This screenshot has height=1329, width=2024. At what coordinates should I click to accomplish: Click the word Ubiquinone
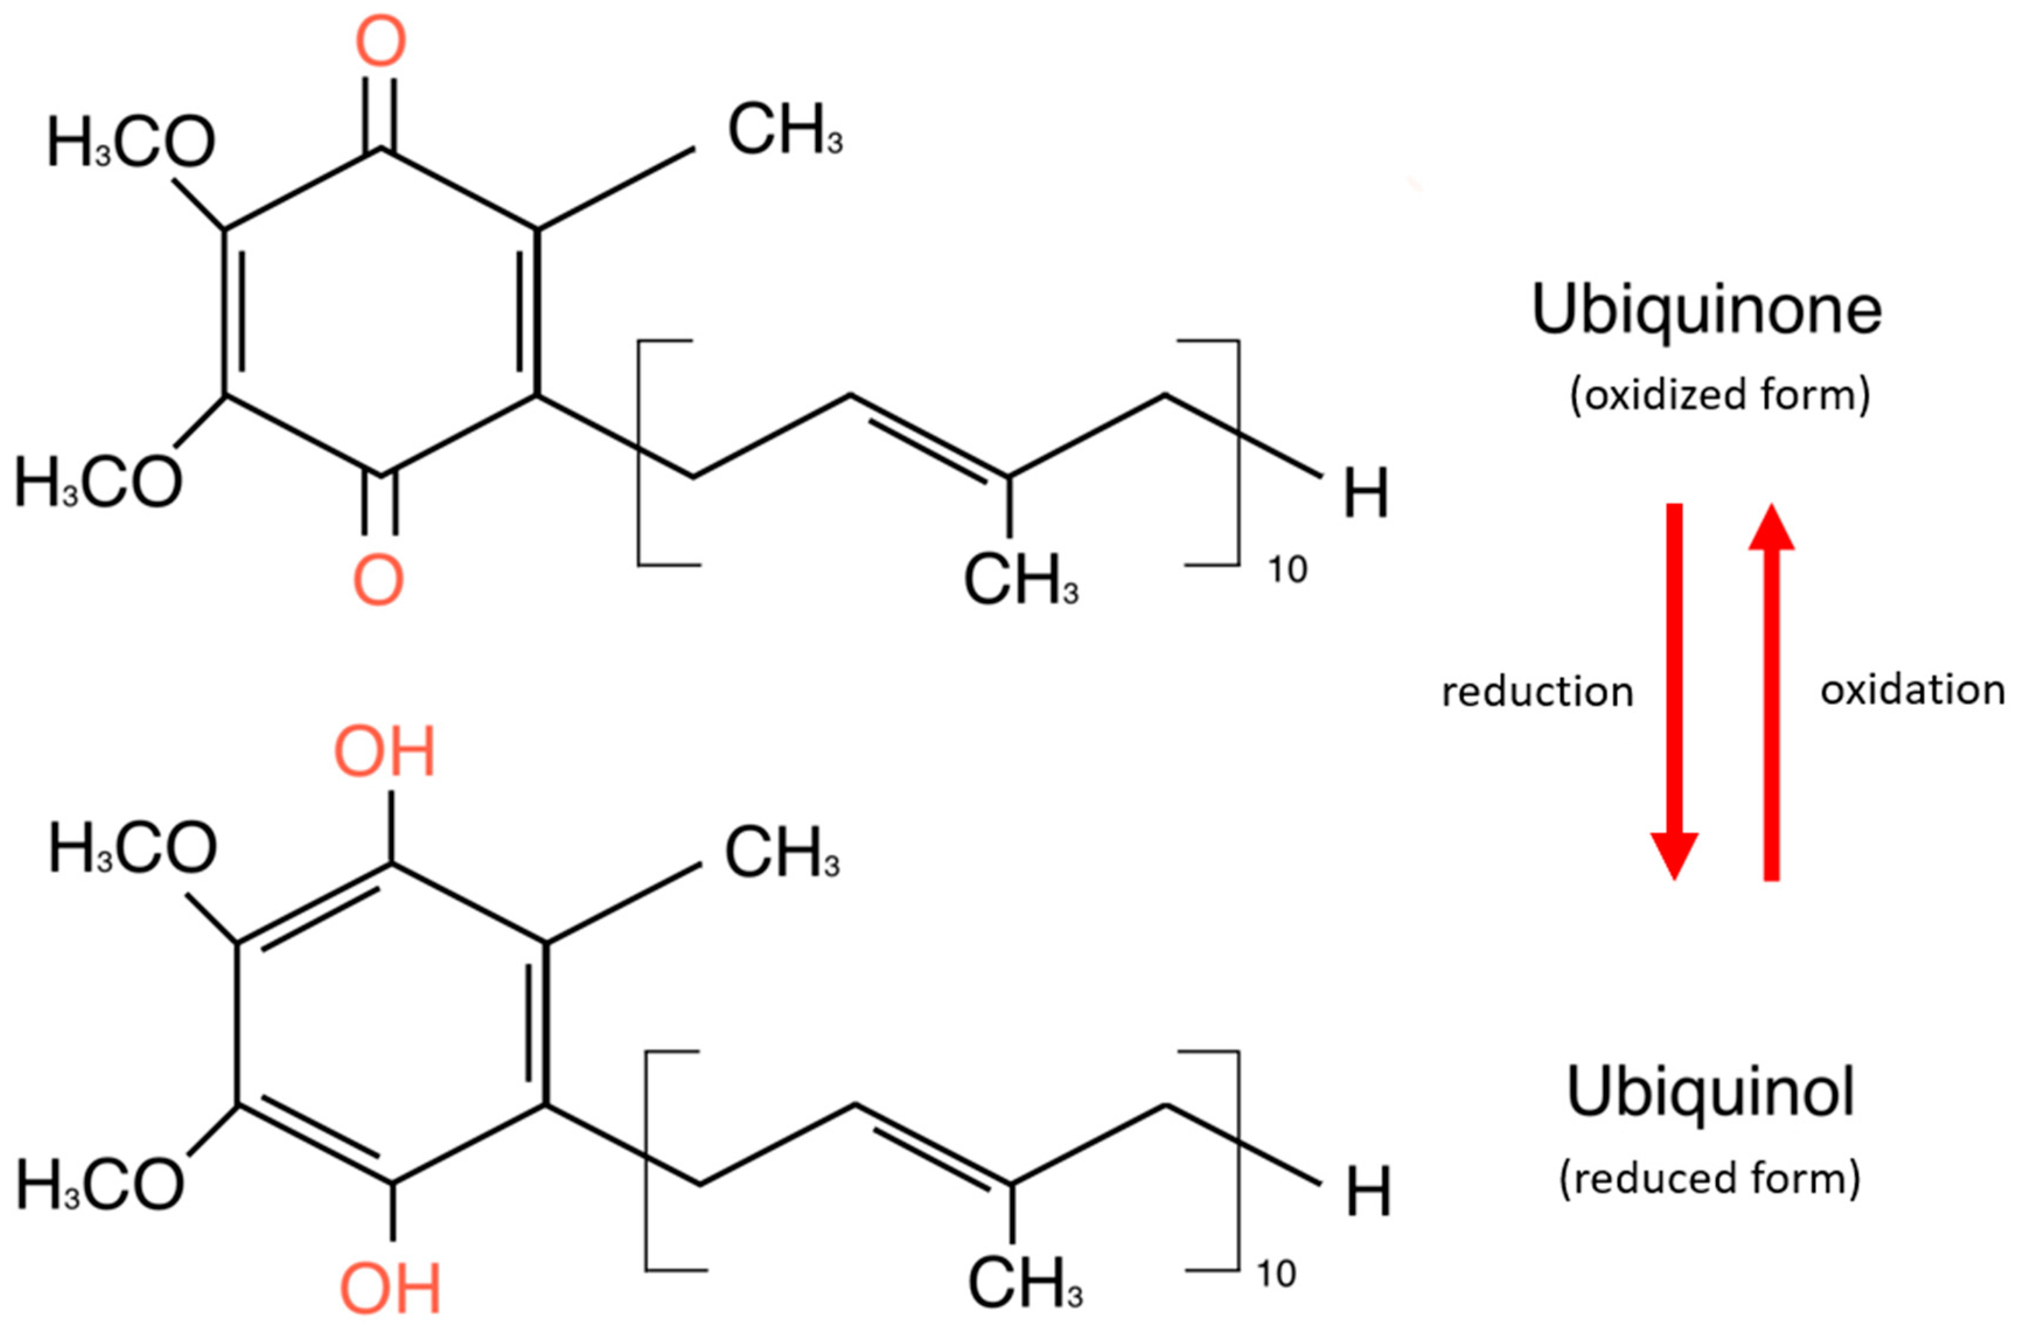1706,311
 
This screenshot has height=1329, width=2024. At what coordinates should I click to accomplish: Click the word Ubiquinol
1710,1093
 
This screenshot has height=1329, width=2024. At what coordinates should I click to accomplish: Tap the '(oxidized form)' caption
1719,396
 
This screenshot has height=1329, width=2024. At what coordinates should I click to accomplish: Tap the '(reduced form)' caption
1710,1178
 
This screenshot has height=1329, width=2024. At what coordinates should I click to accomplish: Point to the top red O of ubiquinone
380,43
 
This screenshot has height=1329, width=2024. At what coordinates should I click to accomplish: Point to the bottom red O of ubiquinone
378,580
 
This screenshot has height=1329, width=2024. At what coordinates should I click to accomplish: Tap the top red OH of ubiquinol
385,753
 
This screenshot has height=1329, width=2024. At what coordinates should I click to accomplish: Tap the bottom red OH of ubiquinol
390,1289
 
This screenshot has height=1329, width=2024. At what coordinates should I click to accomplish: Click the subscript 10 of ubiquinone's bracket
1287,569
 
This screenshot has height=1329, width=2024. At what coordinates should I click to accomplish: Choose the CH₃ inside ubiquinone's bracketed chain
1021,580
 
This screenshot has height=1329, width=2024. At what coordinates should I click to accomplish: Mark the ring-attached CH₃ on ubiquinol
781,853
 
